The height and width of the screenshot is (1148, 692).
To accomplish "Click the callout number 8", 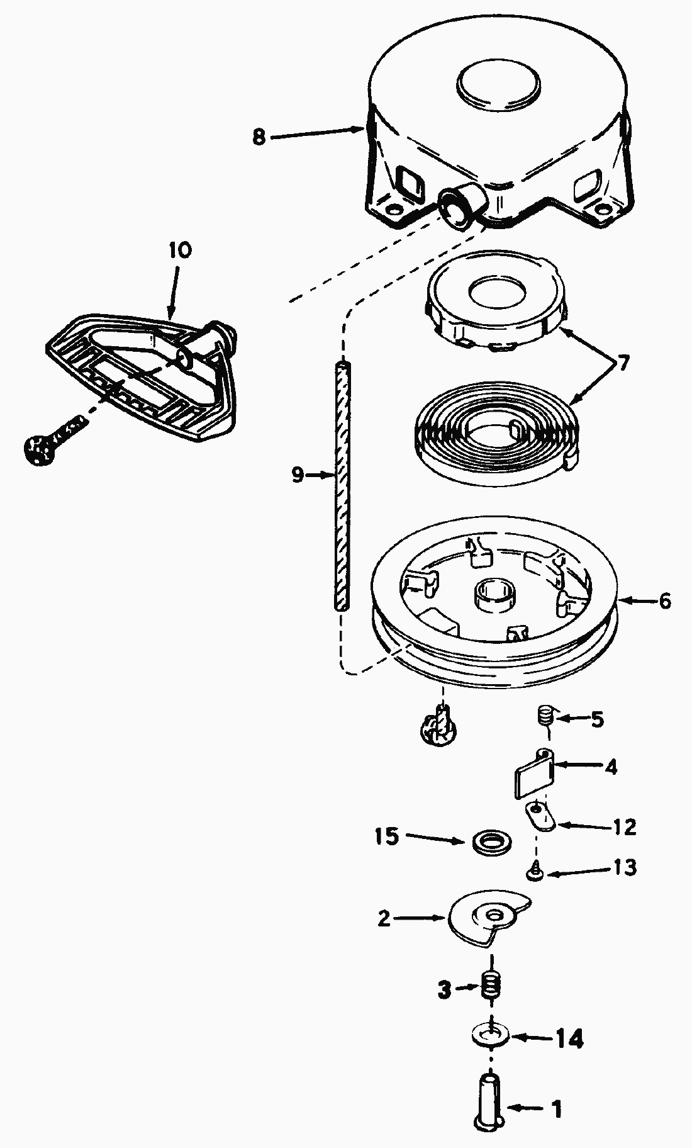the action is click(x=259, y=137).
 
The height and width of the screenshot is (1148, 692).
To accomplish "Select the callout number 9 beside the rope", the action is click(x=298, y=475).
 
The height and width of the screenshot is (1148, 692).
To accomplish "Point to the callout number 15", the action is click(x=387, y=836).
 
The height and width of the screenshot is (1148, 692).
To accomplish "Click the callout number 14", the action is click(x=569, y=1039).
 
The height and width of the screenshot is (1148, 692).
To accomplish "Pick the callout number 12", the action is click(x=625, y=826).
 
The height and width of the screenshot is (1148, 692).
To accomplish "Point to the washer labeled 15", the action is click(x=491, y=841).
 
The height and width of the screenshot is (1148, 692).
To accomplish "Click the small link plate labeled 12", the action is click(x=539, y=817).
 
